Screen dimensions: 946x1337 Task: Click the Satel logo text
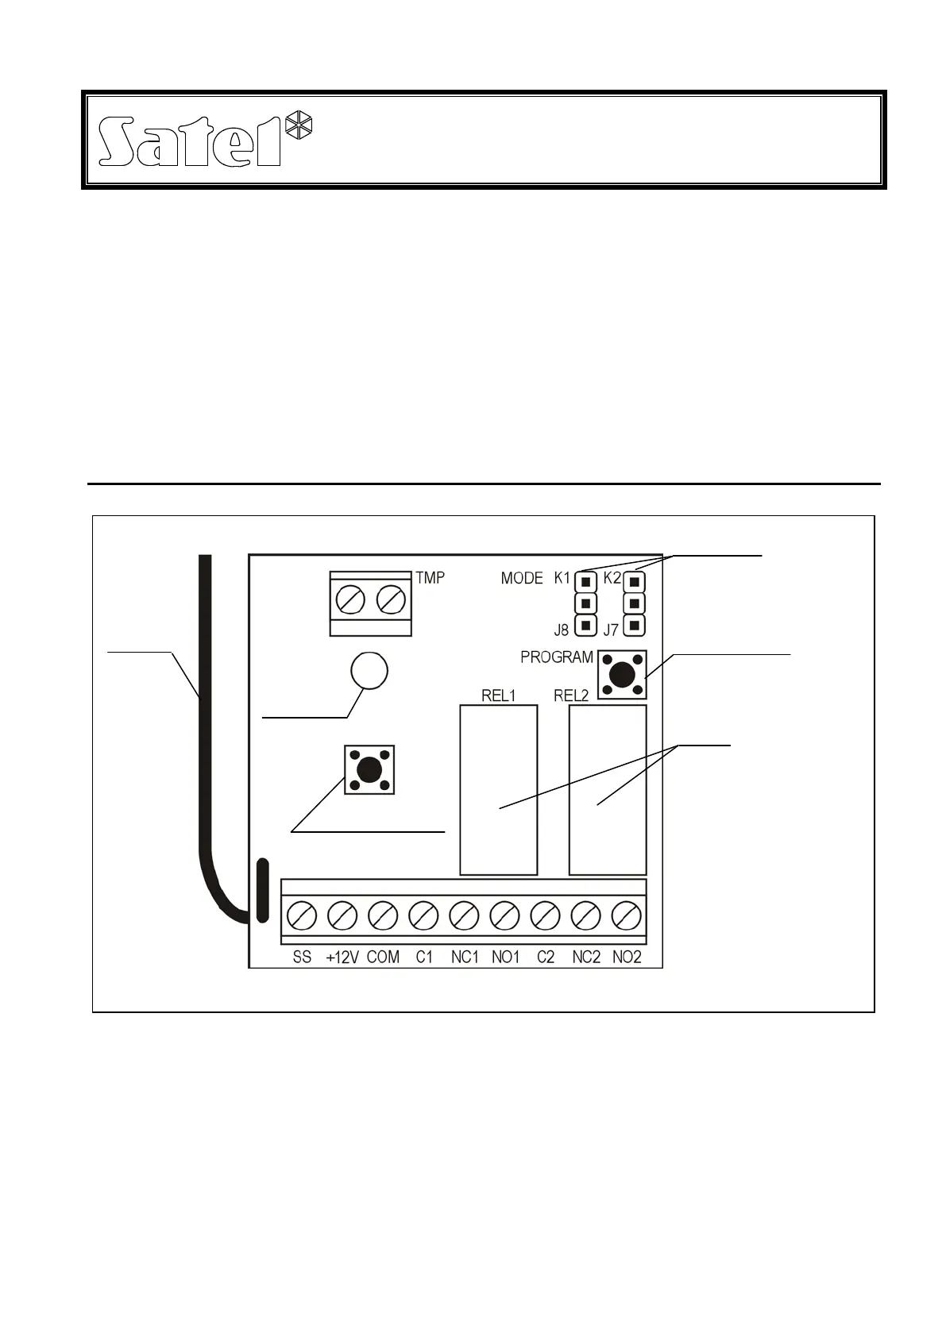[x=191, y=143]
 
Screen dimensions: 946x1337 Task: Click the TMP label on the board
[x=431, y=577]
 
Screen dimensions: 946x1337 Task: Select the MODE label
[x=522, y=579]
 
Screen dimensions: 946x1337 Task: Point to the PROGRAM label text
[x=557, y=657]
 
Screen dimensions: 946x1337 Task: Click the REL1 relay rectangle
[x=498, y=790]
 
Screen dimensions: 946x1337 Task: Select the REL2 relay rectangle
[x=608, y=790]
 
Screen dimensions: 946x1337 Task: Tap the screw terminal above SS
[x=302, y=917]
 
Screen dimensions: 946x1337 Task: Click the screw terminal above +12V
[x=343, y=917]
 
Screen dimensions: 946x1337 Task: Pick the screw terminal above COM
[x=384, y=917]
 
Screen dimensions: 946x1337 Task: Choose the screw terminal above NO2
[x=627, y=917]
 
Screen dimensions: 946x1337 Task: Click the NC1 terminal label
[x=465, y=957]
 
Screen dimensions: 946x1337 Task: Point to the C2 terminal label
[x=546, y=957]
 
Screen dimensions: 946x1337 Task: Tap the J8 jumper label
[x=562, y=630]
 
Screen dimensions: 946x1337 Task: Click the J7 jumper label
[x=611, y=630]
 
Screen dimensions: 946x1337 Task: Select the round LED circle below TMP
[x=369, y=671]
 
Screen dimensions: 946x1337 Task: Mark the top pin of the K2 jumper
[x=634, y=582]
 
